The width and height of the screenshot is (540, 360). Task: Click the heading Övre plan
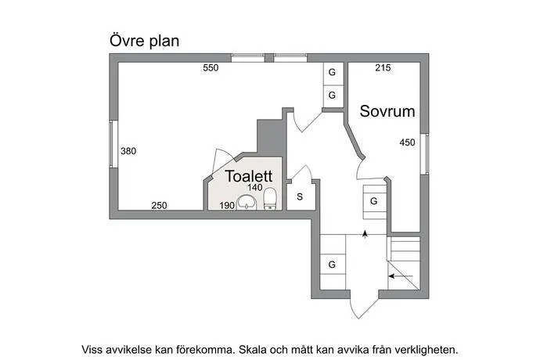pos(144,41)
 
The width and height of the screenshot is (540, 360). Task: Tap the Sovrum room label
pos(387,111)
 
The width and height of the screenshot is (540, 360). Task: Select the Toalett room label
pos(249,176)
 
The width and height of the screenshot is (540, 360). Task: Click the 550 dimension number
pos(211,68)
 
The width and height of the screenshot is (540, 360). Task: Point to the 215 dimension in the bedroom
pos(383,68)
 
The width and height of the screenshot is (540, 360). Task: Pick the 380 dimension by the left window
pos(128,151)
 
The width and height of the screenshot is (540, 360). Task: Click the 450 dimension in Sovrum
pos(408,142)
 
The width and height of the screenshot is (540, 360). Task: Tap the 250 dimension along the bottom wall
pos(159,205)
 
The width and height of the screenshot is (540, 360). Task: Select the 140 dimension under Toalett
pos(255,187)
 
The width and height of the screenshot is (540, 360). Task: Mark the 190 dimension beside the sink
pos(227,205)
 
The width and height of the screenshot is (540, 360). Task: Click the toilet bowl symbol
pos(270,199)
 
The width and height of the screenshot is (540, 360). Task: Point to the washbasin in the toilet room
pos(247,202)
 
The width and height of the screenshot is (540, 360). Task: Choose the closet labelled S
pos(300,196)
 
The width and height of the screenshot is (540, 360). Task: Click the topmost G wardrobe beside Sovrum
pos(332,74)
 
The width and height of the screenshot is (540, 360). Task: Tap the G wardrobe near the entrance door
pos(333,265)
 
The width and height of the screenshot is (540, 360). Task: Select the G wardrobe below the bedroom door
pos(374,201)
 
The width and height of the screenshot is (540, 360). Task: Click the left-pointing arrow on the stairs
pos(401,276)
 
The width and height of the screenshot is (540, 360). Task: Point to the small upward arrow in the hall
pos(365,234)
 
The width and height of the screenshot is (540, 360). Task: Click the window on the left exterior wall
pos(113,144)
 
